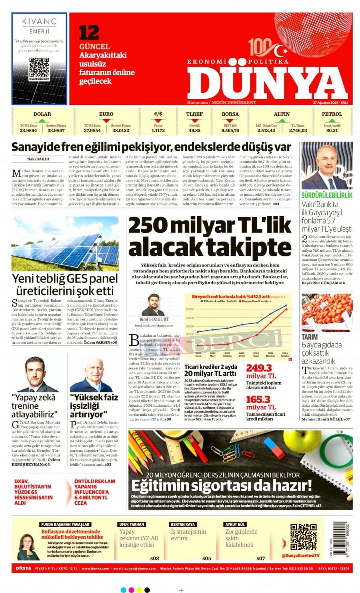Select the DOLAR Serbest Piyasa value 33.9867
[x=56, y=130]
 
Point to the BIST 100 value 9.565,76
[x=230, y=130]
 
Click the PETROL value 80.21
[x=332, y=130]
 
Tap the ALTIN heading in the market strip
[x=282, y=114]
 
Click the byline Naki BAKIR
[x=38, y=159]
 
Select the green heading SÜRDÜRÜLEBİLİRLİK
[x=327, y=195]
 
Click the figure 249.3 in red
[x=259, y=368]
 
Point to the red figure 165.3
[x=258, y=399]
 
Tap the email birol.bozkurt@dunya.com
[x=154, y=325]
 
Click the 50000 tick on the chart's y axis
[x=190, y=309]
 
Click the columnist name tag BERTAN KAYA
[x=182, y=524]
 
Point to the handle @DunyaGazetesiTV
[x=300, y=555]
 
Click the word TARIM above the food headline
[x=309, y=337]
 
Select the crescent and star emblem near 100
[x=281, y=51]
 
